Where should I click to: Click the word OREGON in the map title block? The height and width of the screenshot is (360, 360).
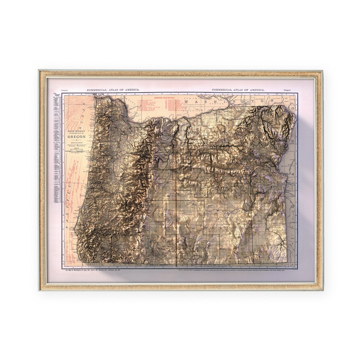pos(77,137)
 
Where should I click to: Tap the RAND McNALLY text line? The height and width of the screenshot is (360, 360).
pos(76,131)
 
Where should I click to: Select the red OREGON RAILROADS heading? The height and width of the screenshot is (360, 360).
pos(166,98)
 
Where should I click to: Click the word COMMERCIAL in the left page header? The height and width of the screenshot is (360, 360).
pos(98,90)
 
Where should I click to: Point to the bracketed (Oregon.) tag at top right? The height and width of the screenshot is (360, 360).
pos(287,90)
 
